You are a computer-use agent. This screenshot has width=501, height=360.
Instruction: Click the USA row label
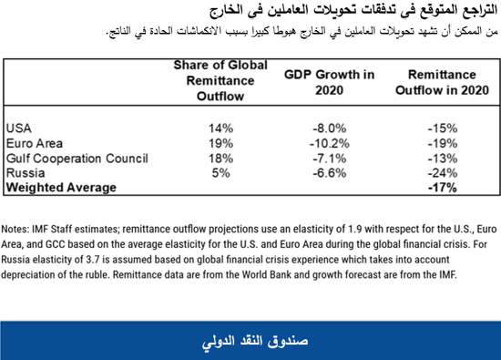(x=19, y=129)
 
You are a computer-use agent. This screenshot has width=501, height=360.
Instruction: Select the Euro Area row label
(x=33, y=143)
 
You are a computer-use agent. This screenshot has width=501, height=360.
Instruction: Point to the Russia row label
(x=26, y=172)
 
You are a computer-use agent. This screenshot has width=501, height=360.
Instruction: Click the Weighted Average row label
(x=61, y=187)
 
